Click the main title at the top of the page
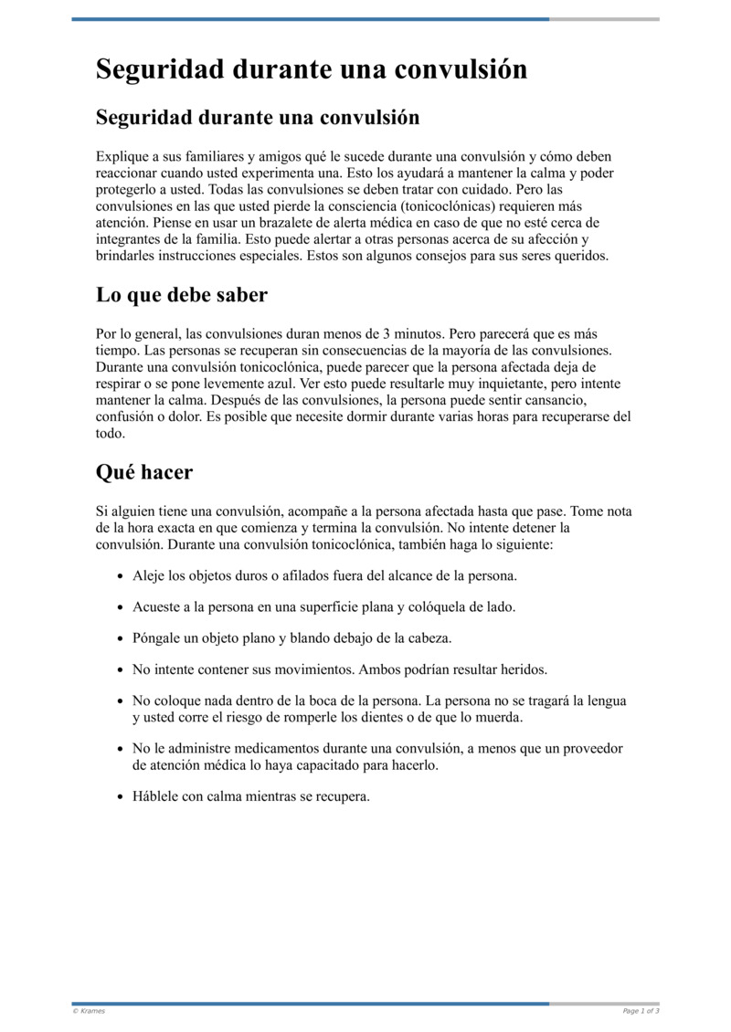(x=312, y=69)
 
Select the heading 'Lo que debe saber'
(x=181, y=295)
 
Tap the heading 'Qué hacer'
(x=143, y=472)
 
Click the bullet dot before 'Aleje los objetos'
(x=122, y=577)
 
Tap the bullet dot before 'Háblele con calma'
(x=122, y=796)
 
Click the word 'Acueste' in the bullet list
(x=157, y=606)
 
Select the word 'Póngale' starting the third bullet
(x=157, y=637)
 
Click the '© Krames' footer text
(x=89, y=1011)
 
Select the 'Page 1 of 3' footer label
(x=641, y=1011)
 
